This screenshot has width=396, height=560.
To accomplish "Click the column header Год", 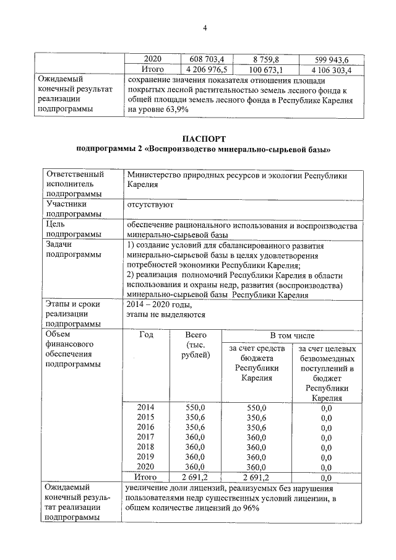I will (147, 335).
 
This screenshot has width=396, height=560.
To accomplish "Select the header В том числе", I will (291, 335).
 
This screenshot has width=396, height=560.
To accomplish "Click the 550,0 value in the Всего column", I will (196, 407).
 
